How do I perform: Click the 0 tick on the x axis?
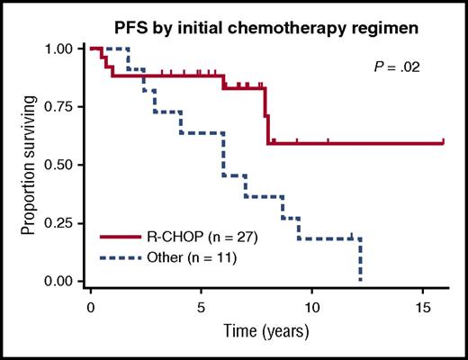(x=91, y=307)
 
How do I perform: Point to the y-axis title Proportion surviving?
(x=29, y=165)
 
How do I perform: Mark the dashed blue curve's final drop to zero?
(x=360, y=261)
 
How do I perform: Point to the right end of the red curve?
(x=443, y=142)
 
